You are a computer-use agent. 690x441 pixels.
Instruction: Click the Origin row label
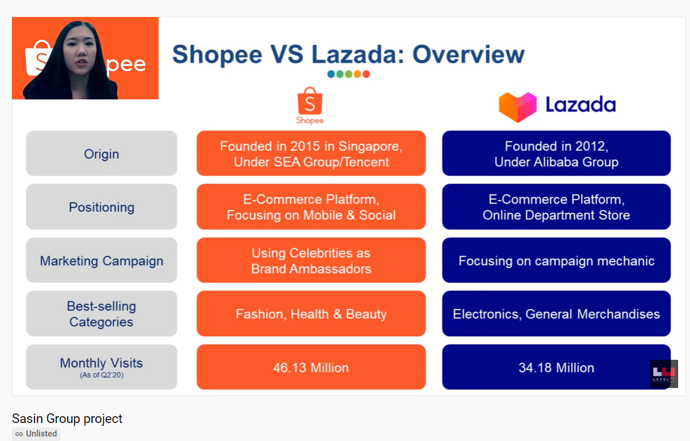102,153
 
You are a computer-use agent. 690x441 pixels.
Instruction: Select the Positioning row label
102,206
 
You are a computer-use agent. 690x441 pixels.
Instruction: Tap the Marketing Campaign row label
102,260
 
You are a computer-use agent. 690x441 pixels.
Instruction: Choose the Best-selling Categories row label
102,314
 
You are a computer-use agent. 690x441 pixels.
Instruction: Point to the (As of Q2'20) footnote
102,375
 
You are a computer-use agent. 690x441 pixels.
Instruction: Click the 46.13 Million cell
311,367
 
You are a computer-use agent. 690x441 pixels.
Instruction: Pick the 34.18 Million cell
556,367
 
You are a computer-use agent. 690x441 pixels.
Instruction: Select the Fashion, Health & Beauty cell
311,314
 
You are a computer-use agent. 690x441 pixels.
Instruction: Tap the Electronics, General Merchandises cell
556,314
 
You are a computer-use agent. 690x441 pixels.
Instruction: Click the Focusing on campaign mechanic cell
556,260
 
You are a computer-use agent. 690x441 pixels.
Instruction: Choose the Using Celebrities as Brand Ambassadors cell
311,260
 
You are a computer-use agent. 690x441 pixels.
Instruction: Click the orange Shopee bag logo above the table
310,101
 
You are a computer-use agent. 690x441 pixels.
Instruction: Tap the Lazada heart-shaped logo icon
517,107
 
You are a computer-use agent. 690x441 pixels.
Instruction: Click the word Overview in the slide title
468,55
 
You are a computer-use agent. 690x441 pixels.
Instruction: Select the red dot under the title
366,74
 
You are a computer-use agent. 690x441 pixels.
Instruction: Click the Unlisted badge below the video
36,434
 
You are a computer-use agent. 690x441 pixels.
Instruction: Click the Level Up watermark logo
664,373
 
